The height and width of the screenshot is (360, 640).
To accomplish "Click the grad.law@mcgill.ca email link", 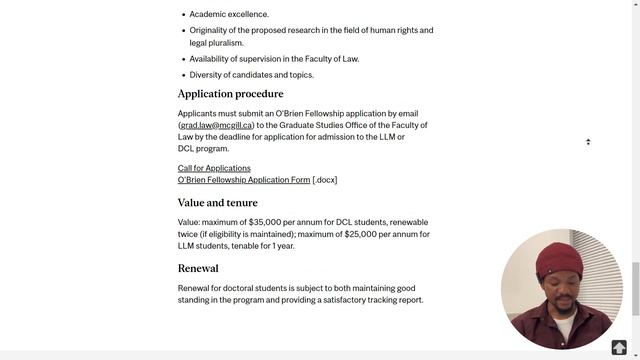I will tap(216, 126).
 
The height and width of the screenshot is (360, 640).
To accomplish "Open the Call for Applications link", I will tap(214, 168).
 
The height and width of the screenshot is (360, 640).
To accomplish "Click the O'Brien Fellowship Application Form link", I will tap(244, 180).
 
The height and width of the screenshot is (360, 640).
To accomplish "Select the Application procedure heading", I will tap(230, 94).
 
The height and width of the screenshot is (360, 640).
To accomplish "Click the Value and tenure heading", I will tap(217, 203).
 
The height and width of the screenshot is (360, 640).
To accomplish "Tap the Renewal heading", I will tap(198, 269).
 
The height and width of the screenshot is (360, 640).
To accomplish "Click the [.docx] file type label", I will tap(325, 180).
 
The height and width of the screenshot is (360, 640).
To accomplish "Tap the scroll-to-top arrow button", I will tap(619, 348).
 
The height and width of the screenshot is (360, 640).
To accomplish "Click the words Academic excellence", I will tap(229, 15).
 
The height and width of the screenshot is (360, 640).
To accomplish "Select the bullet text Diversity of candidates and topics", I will tap(251, 75).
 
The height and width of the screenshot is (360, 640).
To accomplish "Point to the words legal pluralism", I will tap(216, 43).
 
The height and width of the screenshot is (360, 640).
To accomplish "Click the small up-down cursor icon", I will tap(588, 142).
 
